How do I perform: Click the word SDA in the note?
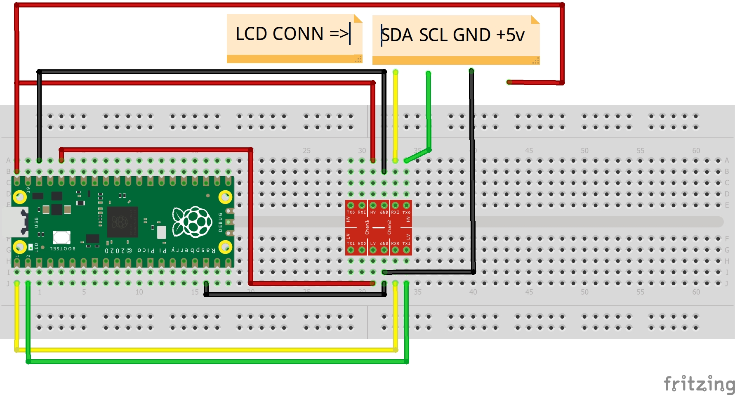[x=397, y=35]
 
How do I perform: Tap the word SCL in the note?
[x=433, y=35]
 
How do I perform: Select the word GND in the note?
[x=472, y=35]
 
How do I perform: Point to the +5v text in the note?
[x=510, y=35]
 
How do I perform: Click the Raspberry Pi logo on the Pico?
[x=192, y=222]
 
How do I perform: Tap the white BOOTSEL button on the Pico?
[x=61, y=237]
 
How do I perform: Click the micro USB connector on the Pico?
[x=16, y=222]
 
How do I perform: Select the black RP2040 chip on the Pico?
[x=122, y=222]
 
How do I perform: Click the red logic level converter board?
[x=378, y=227]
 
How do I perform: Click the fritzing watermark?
[x=699, y=384]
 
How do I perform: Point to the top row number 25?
[x=306, y=151]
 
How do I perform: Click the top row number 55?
[x=640, y=151]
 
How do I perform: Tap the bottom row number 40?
[x=473, y=292]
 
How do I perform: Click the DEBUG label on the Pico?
[x=220, y=222]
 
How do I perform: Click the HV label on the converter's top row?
[x=373, y=213]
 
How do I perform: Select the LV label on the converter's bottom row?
[x=373, y=244]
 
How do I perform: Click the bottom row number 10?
[x=139, y=292]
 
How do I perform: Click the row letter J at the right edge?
[x=727, y=284]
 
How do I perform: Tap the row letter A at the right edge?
[x=727, y=160]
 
